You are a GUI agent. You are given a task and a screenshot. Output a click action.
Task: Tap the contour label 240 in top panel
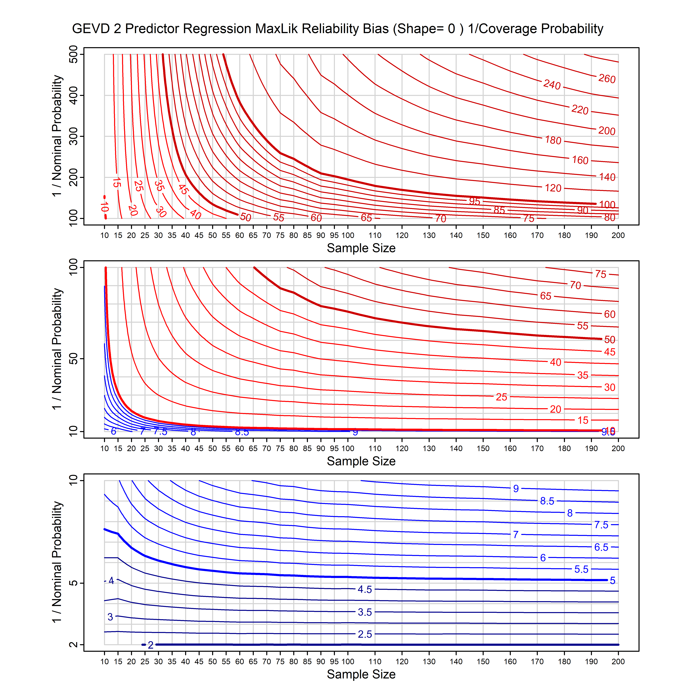click(552, 85)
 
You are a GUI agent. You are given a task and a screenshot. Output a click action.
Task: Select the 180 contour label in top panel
click(553, 140)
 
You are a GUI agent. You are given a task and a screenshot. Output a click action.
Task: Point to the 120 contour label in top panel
click(553, 188)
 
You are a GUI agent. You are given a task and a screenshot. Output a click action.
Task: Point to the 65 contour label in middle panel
click(545, 296)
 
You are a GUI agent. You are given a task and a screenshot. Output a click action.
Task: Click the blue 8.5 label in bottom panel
click(547, 501)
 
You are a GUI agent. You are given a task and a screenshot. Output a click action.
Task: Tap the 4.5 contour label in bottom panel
click(365, 589)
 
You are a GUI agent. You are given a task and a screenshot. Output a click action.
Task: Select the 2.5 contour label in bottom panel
click(365, 634)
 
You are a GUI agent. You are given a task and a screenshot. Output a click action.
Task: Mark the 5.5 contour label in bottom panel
click(581, 569)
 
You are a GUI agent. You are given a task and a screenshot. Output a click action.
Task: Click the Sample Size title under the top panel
click(361, 248)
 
